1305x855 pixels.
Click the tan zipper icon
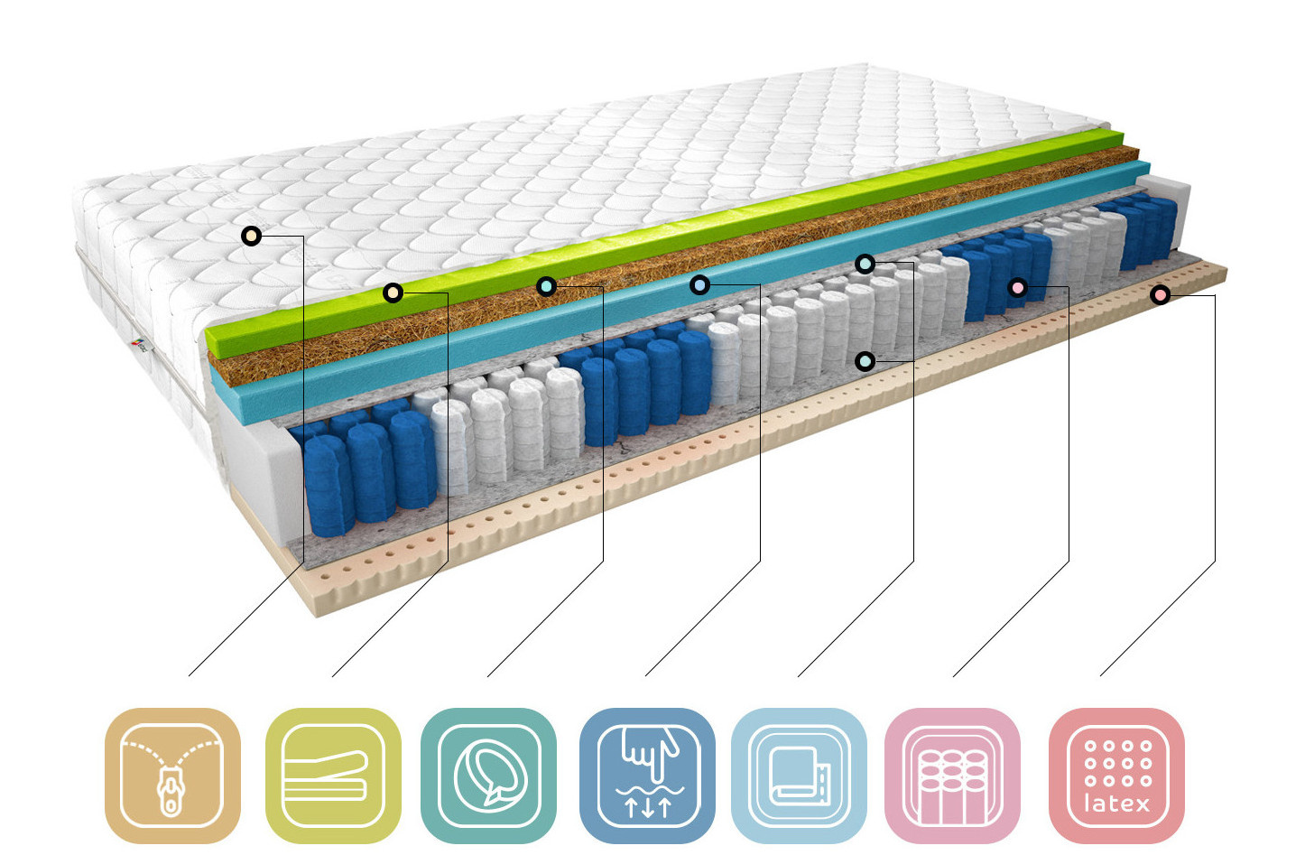(x=172, y=776)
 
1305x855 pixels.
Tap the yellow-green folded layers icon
(x=333, y=776)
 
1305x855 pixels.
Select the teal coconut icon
(x=488, y=776)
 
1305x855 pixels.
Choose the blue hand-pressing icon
(x=647, y=776)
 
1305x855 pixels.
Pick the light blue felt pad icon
(x=799, y=776)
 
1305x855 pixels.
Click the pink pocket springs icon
(x=952, y=776)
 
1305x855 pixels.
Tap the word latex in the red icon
(x=1116, y=804)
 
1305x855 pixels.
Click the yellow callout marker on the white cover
(x=252, y=237)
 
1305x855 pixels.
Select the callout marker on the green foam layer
(x=393, y=293)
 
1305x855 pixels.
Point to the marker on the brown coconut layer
(x=546, y=286)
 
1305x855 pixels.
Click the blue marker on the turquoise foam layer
(x=699, y=285)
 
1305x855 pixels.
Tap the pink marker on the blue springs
(x=1018, y=288)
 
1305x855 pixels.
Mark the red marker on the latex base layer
(x=1161, y=295)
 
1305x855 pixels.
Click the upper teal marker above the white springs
(x=865, y=264)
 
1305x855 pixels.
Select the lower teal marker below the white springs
(x=865, y=362)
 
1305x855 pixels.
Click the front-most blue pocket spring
(x=328, y=488)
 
